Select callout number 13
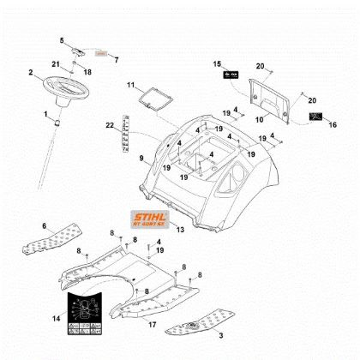pyautogui.click(x=179, y=230)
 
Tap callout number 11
pyautogui.click(x=131, y=86)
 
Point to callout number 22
pyautogui.click(x=109, y=127)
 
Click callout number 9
pyautogui.click(x=141, y=159)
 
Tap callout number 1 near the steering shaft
pyautogui.click(x=46, y=113)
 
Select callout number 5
pyautogui.click(x=62, y=40)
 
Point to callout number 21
pyautogui.click(x=56, y=65)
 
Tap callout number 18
pyautogui.click(x=87, y=72)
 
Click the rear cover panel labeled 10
pyautogui.click(x=265, y=94)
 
